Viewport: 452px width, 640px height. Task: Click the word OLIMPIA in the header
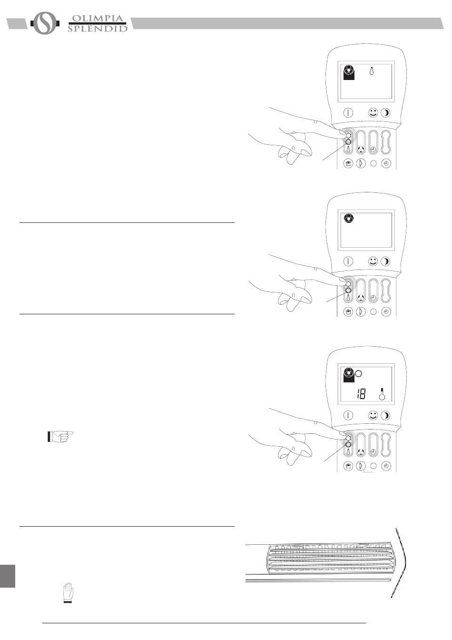pos(98,19)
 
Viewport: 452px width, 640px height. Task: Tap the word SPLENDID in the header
pos(98,29)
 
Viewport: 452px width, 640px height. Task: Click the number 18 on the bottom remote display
pos(361,394)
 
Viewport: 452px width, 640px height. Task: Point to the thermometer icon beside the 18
pos(382,393)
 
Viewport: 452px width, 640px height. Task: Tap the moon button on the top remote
pos(386,113)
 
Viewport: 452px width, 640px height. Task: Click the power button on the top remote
pos(348,113)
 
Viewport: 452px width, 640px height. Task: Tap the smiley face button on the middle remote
pos(373,261)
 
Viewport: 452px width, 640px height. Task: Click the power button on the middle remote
pos(348,261)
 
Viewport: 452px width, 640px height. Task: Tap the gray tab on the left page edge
pos(8,576)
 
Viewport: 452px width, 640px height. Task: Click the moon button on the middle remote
pos(386,261)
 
